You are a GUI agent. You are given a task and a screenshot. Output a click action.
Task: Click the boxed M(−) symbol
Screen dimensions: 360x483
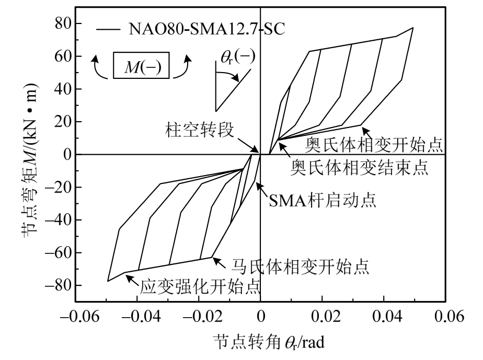142,67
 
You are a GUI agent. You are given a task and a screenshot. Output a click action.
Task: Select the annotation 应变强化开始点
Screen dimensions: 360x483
201,287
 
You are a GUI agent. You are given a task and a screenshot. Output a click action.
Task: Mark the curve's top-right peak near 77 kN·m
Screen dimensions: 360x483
413,28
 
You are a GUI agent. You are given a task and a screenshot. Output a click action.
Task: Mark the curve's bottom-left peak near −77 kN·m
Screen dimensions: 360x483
108,281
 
